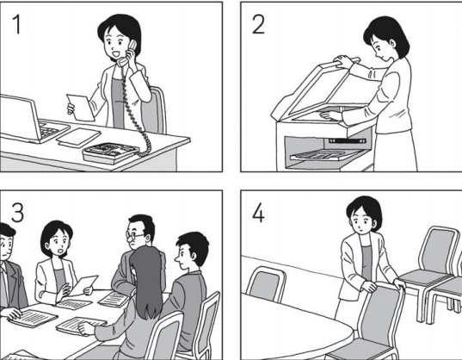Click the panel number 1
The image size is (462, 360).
pyautogui.click(x=17, y=24)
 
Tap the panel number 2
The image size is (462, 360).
pyautogui.click(x=258, y=24)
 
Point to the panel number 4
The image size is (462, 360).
pyautogui.click(x=258, y=213)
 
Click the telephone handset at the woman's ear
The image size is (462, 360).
pyautogui.click(x=127, y=53)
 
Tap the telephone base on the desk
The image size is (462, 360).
pyautogui.click(x=110, y=152)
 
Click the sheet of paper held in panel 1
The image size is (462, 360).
pyautogui.click(x=80, y=108)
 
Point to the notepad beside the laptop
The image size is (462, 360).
pyautogui.click(x=78, y=138)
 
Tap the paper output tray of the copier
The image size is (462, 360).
pyautogui.click(x=327, y=155)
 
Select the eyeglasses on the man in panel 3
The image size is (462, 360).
pyautogui.click(x=135, y=236)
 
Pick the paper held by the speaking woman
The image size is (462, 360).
pyautogui.click(x=83, y=285)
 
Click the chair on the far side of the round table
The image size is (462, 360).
pyautogui.click(x=266, y=284)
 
